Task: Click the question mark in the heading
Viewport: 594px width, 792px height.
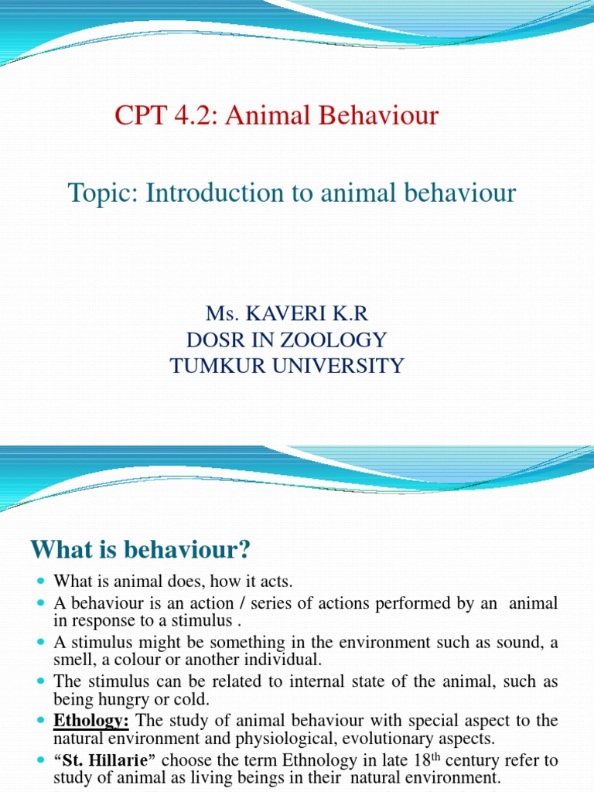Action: click(244, 551)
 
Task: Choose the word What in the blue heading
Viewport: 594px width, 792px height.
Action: click(56, 551)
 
